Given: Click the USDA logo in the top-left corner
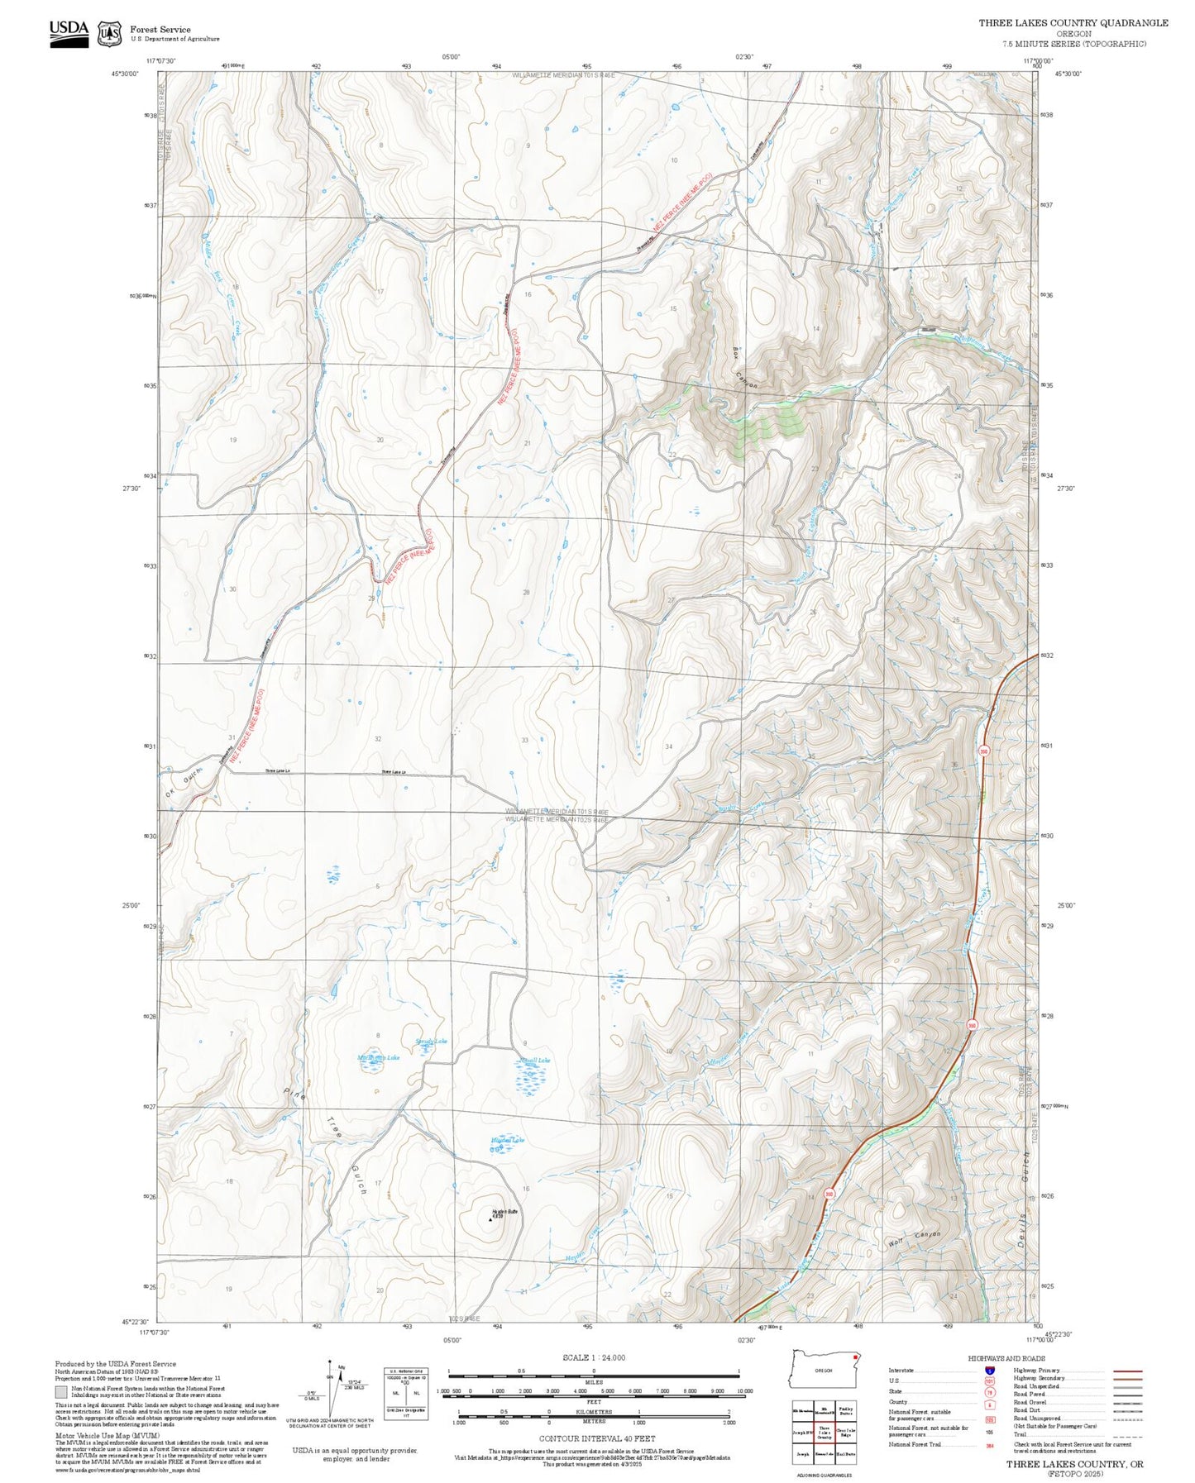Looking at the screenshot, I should (68, 32).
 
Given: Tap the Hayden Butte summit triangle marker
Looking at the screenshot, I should (490, 1218).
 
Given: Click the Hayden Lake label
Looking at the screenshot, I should (507, 1140).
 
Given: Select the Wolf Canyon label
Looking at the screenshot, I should (915, 1237).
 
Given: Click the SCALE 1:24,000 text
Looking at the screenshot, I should (594, 1357).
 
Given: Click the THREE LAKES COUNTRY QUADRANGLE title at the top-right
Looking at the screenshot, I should (1073, 23).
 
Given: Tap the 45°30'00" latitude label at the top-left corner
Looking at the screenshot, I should (126, 74).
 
